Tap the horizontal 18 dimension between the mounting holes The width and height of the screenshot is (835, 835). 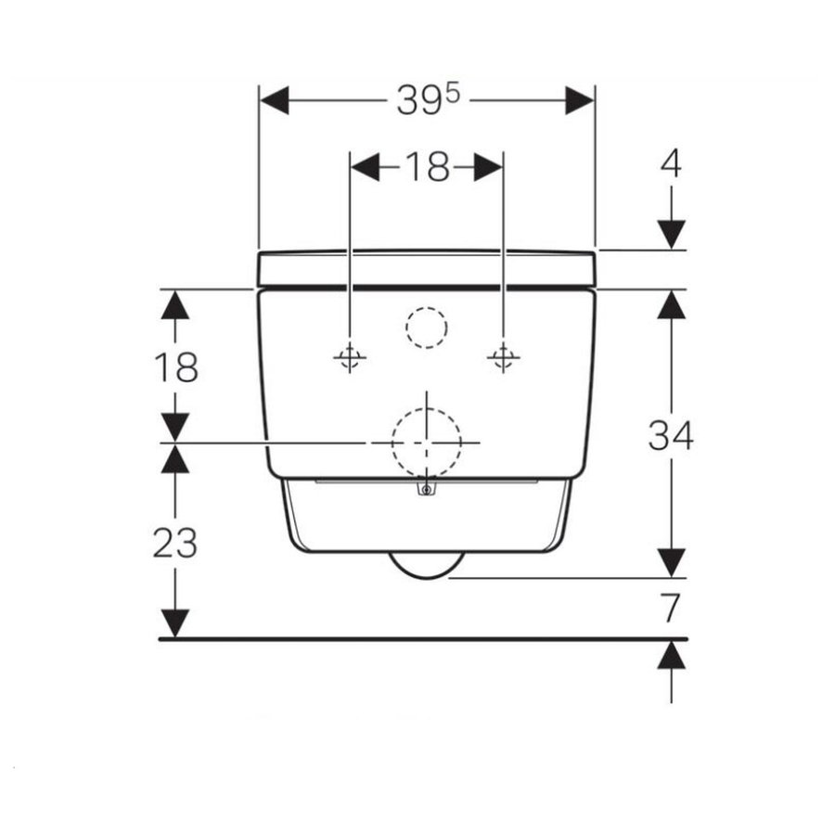(x=426, y=168)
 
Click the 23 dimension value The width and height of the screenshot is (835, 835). (x=174, y=543)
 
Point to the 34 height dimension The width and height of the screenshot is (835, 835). (x=670, y=435)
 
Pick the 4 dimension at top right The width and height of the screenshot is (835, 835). (x=671, y=164)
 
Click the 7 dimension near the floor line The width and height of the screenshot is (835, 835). (x=671, y=609)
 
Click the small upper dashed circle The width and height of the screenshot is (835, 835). (x=427, y=326)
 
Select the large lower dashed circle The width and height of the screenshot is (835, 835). (x=427, y=443)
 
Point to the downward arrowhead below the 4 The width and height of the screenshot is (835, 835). (x=671, y=235)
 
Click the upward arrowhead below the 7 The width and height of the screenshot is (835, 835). (x=671, y=656)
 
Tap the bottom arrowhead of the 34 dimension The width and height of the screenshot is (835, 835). (x=671, y=562)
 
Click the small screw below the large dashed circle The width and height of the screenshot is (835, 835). (x=426, y=489)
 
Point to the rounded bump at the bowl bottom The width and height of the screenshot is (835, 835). (x=426, y=567)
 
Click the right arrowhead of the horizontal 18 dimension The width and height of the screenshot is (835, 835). (x=488, y=168)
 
